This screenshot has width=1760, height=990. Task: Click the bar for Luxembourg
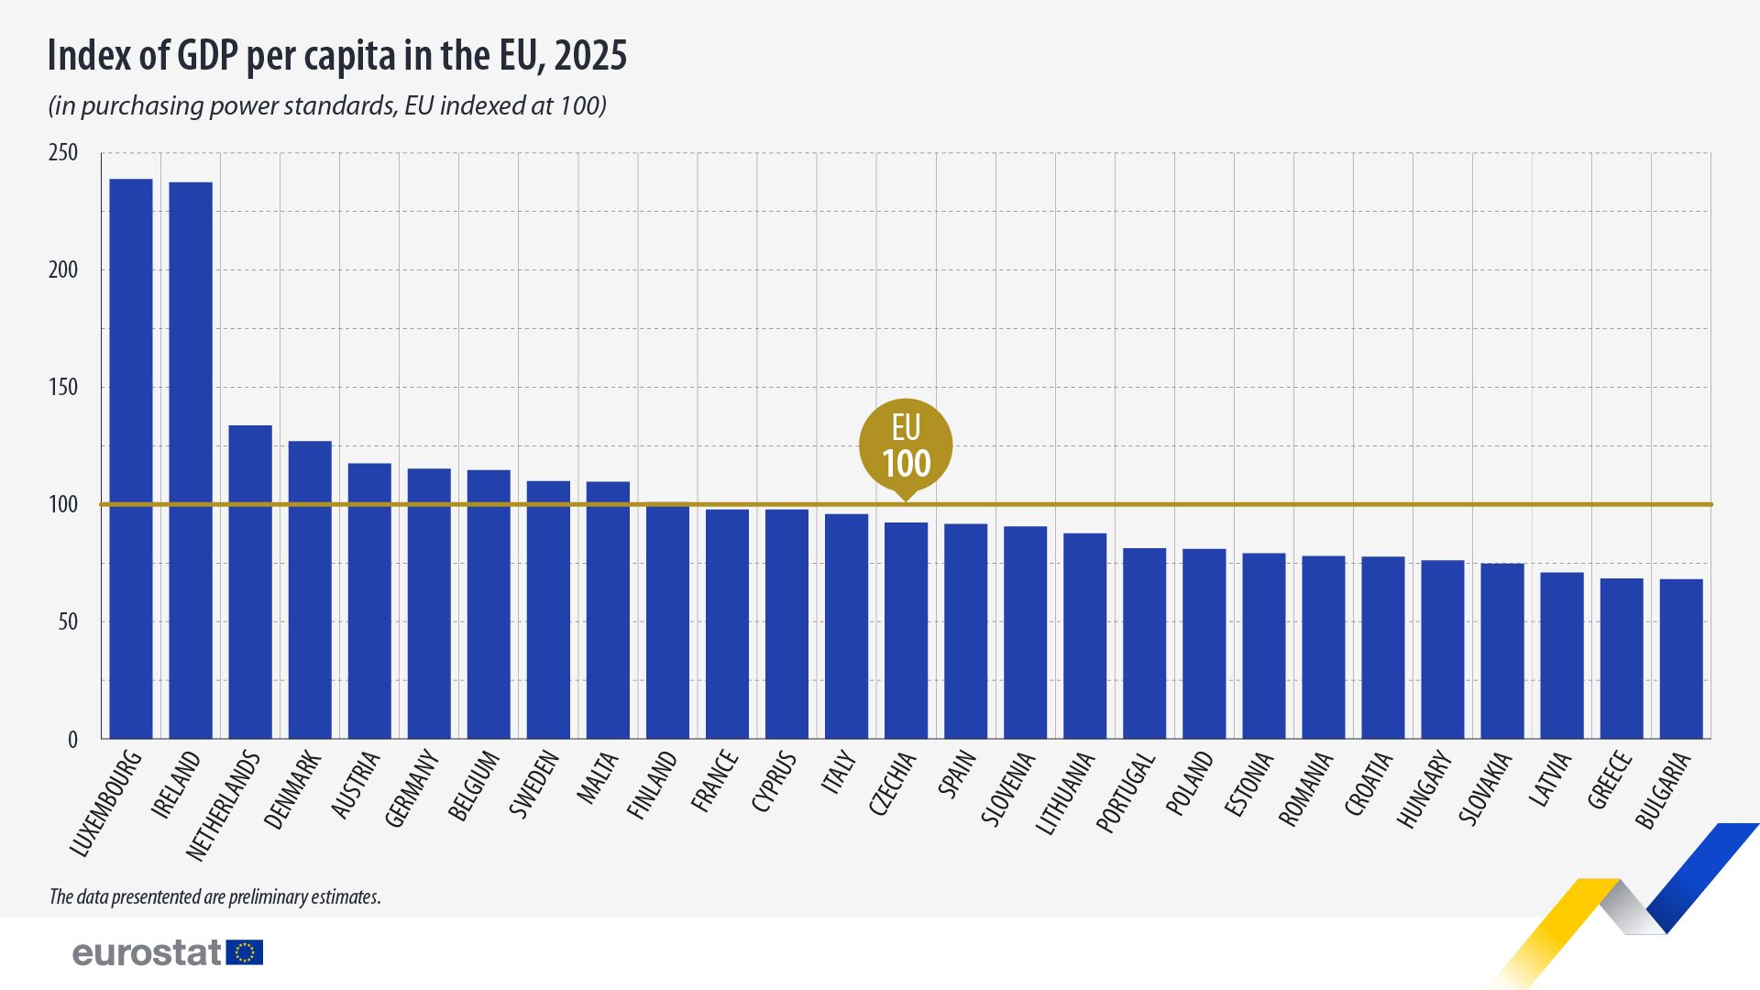click(131, 458)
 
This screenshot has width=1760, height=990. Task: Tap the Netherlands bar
click(250, 582)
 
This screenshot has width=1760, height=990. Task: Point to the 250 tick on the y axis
click(63, 153)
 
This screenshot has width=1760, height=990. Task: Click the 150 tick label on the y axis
click(63, 388)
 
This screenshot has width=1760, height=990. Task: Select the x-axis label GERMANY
click(412, 788)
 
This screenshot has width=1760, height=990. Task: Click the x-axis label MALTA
click(597, 779)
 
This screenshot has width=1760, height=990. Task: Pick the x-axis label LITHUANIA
click(1065, 794)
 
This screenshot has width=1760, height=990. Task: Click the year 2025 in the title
click(591, 57)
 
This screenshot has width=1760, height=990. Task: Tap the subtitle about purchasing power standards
click(327, 106)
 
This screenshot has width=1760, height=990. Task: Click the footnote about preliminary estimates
click(214, 896)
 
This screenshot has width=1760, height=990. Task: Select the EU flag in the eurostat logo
click(245, 952)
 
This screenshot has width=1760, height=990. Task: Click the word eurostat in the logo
click(147, 952)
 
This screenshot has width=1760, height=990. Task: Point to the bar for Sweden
click(548, 610)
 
